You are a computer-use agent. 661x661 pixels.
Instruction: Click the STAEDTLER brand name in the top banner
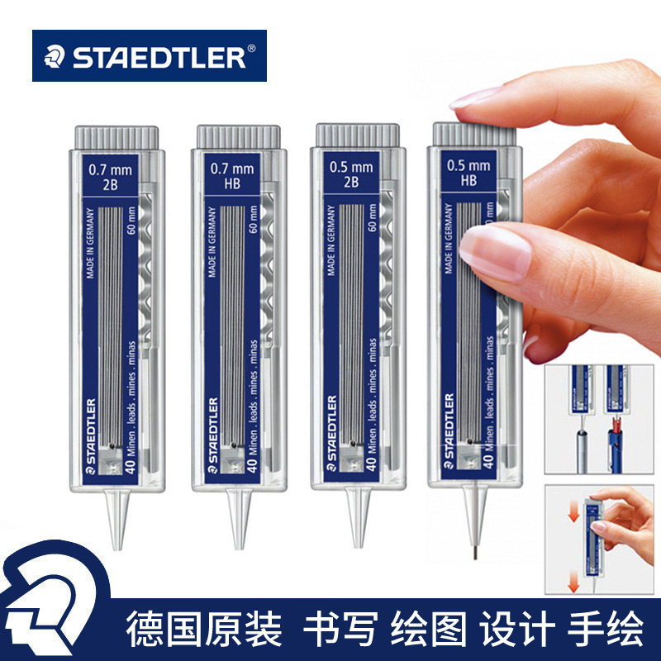point(162,56)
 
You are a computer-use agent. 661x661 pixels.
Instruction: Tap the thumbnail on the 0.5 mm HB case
point(496,252)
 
